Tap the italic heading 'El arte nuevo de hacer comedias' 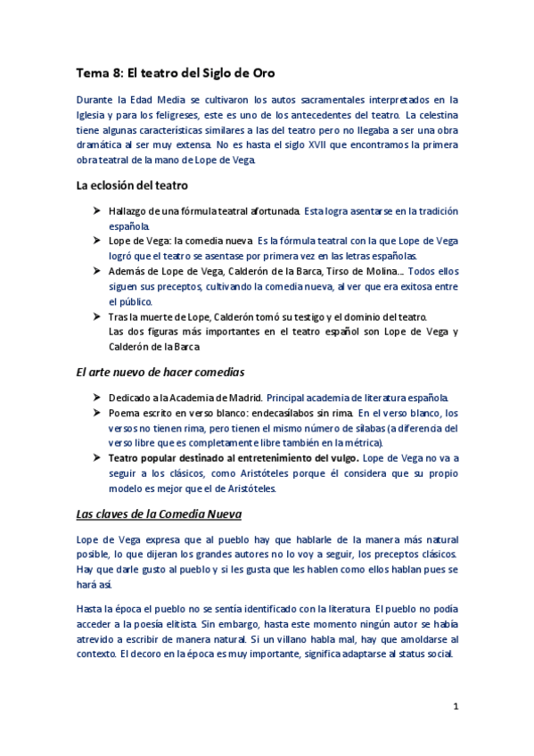pos(160,371)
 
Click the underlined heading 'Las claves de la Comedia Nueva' pos(158,514)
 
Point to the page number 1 pos(456,706)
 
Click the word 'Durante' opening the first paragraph pos(94,100)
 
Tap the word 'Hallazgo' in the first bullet pos(128,211)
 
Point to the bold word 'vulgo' pos(341,458)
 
